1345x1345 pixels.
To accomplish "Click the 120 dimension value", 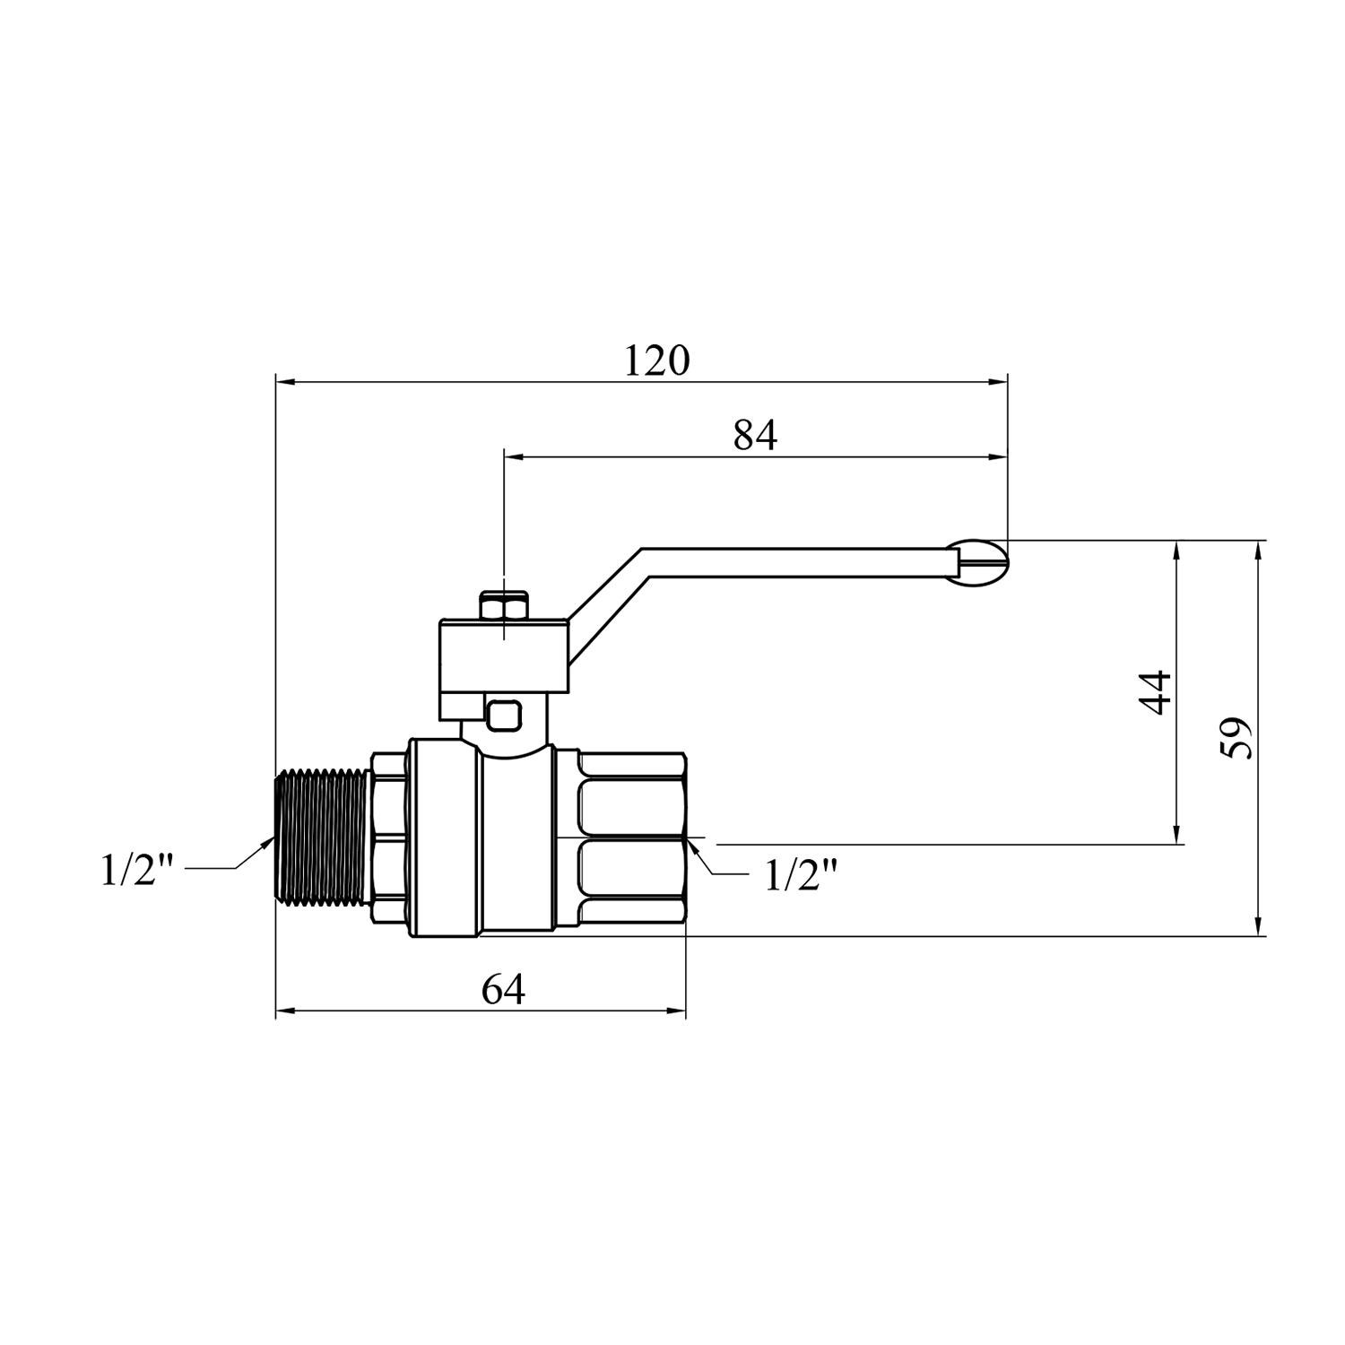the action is coord(657,360).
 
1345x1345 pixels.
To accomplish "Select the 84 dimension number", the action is coord(755,436).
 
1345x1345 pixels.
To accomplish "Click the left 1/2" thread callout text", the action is coord(137,870).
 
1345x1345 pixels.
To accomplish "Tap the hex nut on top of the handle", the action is coord(505,606).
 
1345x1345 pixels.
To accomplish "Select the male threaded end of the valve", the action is coord(321,845).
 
